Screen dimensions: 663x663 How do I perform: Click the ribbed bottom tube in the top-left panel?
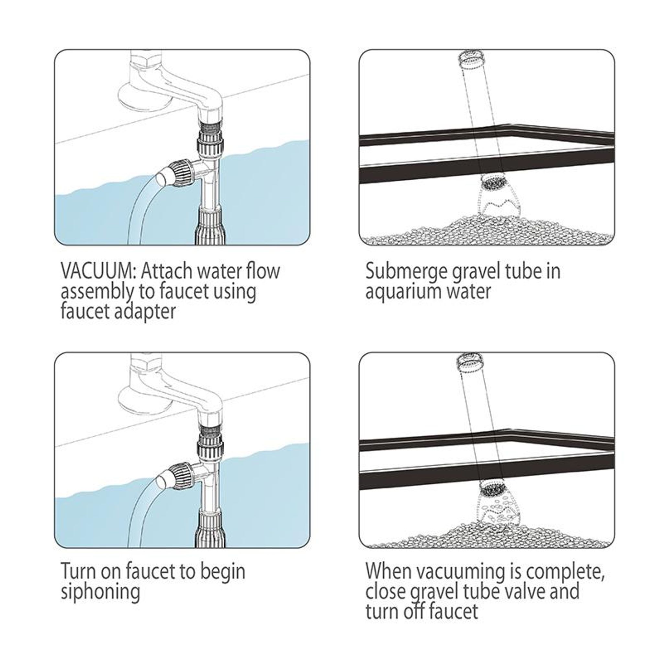pos(210,227)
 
